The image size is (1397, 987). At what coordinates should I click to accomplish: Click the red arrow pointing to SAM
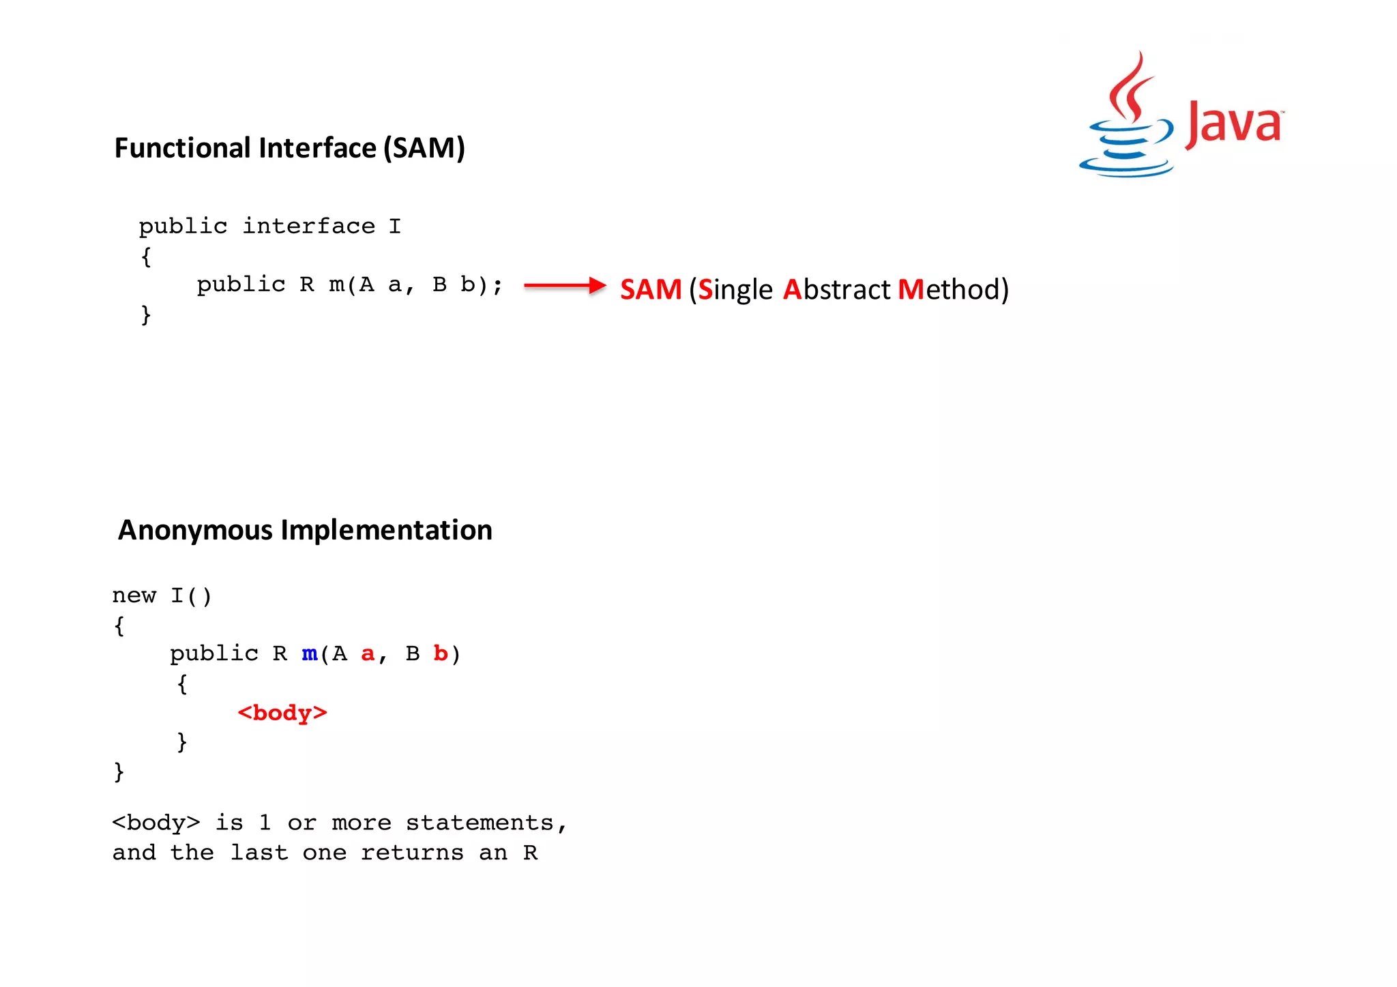tap(565, 285)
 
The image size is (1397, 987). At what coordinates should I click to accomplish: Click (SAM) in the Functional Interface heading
tap(424, 148)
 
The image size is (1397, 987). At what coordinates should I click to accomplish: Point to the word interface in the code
tap(309, 226)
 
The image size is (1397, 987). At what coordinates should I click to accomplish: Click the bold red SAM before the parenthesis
tap(651, 289)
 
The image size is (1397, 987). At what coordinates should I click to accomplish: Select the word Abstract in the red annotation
tap(837, 289)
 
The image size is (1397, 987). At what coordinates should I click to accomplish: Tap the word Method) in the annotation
tap(953, 289)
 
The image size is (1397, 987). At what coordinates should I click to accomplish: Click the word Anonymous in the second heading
tap(195, 530)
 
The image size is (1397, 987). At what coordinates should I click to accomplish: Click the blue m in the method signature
tap(310, 653)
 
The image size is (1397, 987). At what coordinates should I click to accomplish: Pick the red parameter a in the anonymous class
tap(368, 653)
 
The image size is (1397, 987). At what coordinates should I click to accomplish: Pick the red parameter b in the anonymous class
tap(441, 653)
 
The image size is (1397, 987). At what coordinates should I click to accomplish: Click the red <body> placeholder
tap(282, 713)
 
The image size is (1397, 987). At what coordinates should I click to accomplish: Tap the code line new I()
tap(162, 595)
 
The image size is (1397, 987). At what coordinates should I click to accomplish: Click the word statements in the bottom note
tap(480, 823)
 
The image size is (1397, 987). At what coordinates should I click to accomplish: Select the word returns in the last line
tap(412, 853)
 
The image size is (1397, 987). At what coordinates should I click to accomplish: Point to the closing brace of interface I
tap(145, 314)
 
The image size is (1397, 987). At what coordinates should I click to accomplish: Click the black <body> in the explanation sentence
tap(156, 823)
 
